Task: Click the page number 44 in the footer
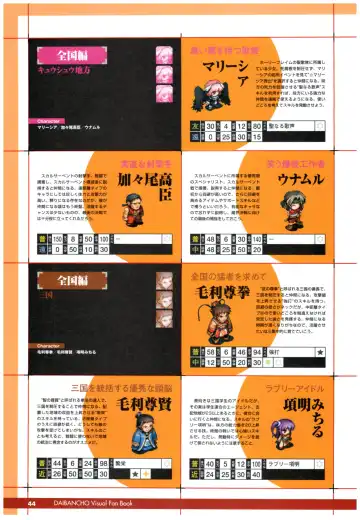point(32,503)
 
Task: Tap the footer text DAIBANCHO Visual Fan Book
point(103,503)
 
